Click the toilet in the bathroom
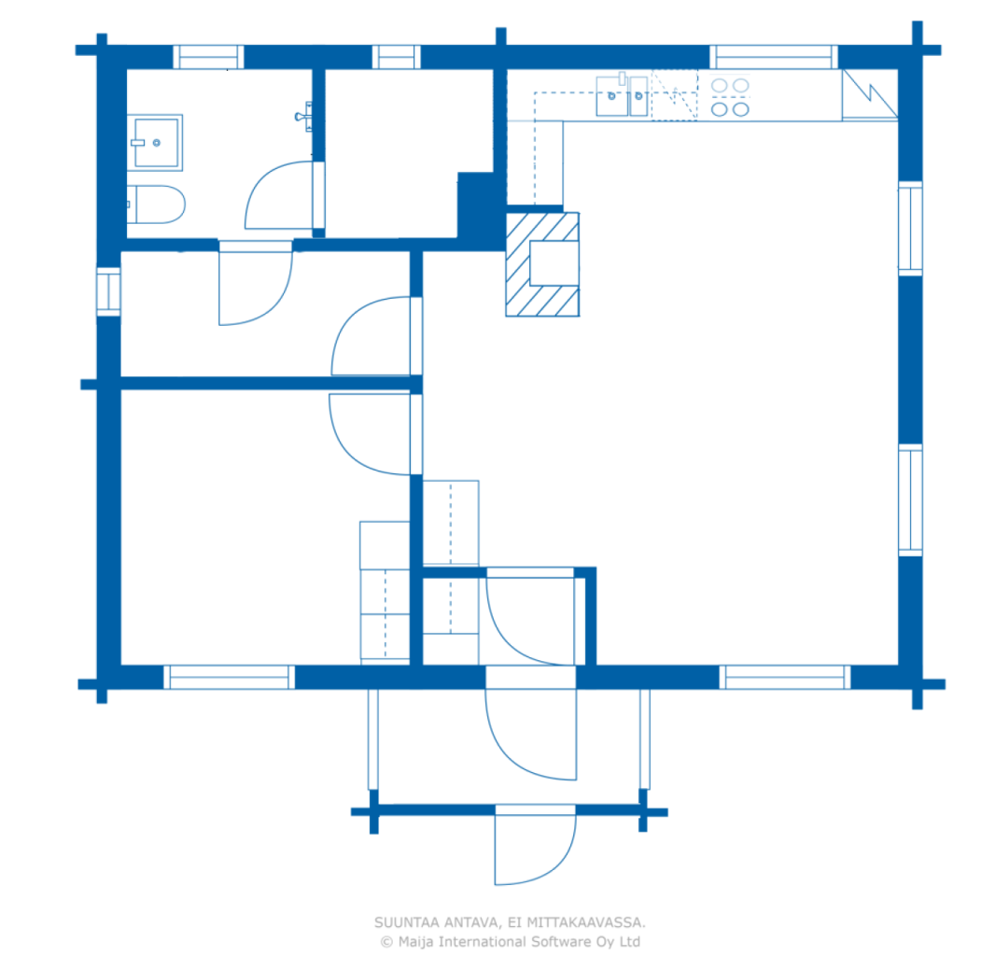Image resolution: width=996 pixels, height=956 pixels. coord(156,204)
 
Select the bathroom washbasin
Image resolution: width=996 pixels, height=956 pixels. coord(155,143)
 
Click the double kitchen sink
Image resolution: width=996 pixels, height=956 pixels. coord(622,95)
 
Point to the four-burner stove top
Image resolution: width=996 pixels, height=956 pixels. coord(730,97)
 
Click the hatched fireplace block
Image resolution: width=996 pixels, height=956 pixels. coord(542,264)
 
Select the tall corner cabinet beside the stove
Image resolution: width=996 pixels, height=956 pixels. coord(870,94)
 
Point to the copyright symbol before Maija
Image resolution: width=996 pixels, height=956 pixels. coord(386,942)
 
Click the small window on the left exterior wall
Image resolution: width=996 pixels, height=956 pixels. coord(108,291)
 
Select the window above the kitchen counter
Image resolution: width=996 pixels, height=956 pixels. coord(774,57)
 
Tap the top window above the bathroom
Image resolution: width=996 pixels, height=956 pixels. coord(208,57)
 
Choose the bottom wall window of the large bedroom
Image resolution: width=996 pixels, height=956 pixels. coord(230,677)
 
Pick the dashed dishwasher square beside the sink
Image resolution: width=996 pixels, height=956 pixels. coord(674,95)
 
